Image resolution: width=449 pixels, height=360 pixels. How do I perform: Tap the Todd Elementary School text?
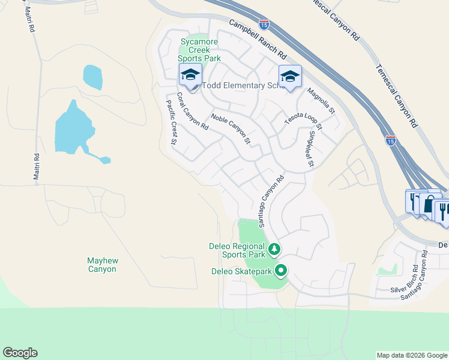243,86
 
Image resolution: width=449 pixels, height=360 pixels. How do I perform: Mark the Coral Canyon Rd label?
192,112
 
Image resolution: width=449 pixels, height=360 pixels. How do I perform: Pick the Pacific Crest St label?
170,122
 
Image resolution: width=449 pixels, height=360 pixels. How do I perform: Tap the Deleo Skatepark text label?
241,271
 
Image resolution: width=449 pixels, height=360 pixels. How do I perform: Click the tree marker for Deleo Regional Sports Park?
274,248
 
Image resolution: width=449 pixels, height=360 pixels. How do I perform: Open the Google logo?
20,353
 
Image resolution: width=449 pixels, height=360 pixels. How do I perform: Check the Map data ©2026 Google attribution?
411,355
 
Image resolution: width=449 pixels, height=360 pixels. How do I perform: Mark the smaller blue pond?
92,77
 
